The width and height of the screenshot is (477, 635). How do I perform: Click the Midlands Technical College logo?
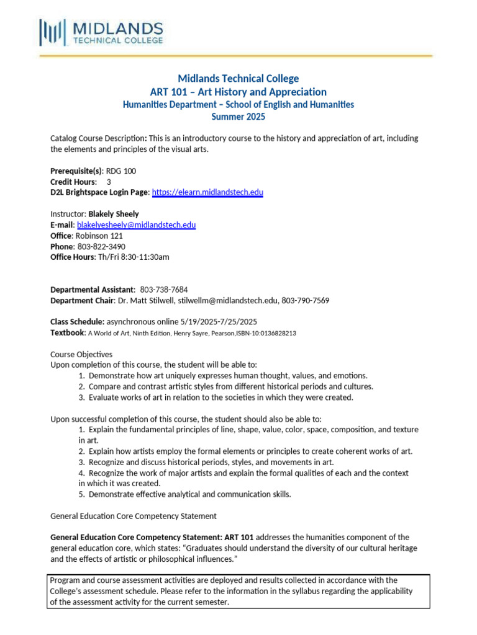click(101, 32)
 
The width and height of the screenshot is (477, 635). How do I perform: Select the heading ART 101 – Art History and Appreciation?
click(238, 92)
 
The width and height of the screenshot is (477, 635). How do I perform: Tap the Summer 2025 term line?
click(238, 117)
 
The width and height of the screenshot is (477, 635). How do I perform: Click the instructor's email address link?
click(136, 225)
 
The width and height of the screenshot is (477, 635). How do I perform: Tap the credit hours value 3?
click(109, 182)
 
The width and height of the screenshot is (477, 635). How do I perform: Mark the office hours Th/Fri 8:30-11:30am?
click(134, 257)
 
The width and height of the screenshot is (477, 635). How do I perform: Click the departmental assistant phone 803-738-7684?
click(164, 290)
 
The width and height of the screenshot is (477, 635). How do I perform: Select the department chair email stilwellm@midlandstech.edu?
click(227, 301)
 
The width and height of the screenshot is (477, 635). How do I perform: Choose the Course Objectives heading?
click(81, 354)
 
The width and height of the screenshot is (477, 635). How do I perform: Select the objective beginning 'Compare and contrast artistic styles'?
click(230, 386)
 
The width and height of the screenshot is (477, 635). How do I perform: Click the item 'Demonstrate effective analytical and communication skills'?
click(189, 494)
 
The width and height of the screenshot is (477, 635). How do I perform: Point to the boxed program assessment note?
click(238, 591)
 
